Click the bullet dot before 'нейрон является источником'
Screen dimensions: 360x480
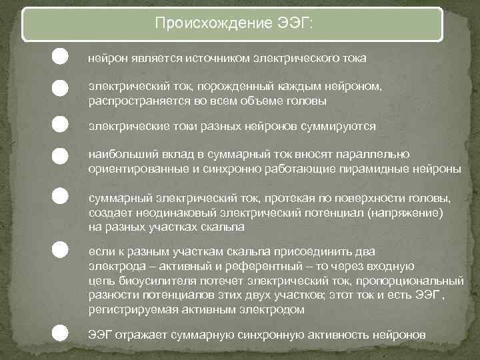60,57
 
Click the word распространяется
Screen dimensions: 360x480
129,101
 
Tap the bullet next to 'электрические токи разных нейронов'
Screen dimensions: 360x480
60,125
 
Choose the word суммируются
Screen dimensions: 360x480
341,126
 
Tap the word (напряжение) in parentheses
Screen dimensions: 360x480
411,213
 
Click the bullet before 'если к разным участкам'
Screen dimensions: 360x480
60,249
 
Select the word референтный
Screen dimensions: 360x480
215,266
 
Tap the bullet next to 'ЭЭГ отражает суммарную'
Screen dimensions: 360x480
60,331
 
